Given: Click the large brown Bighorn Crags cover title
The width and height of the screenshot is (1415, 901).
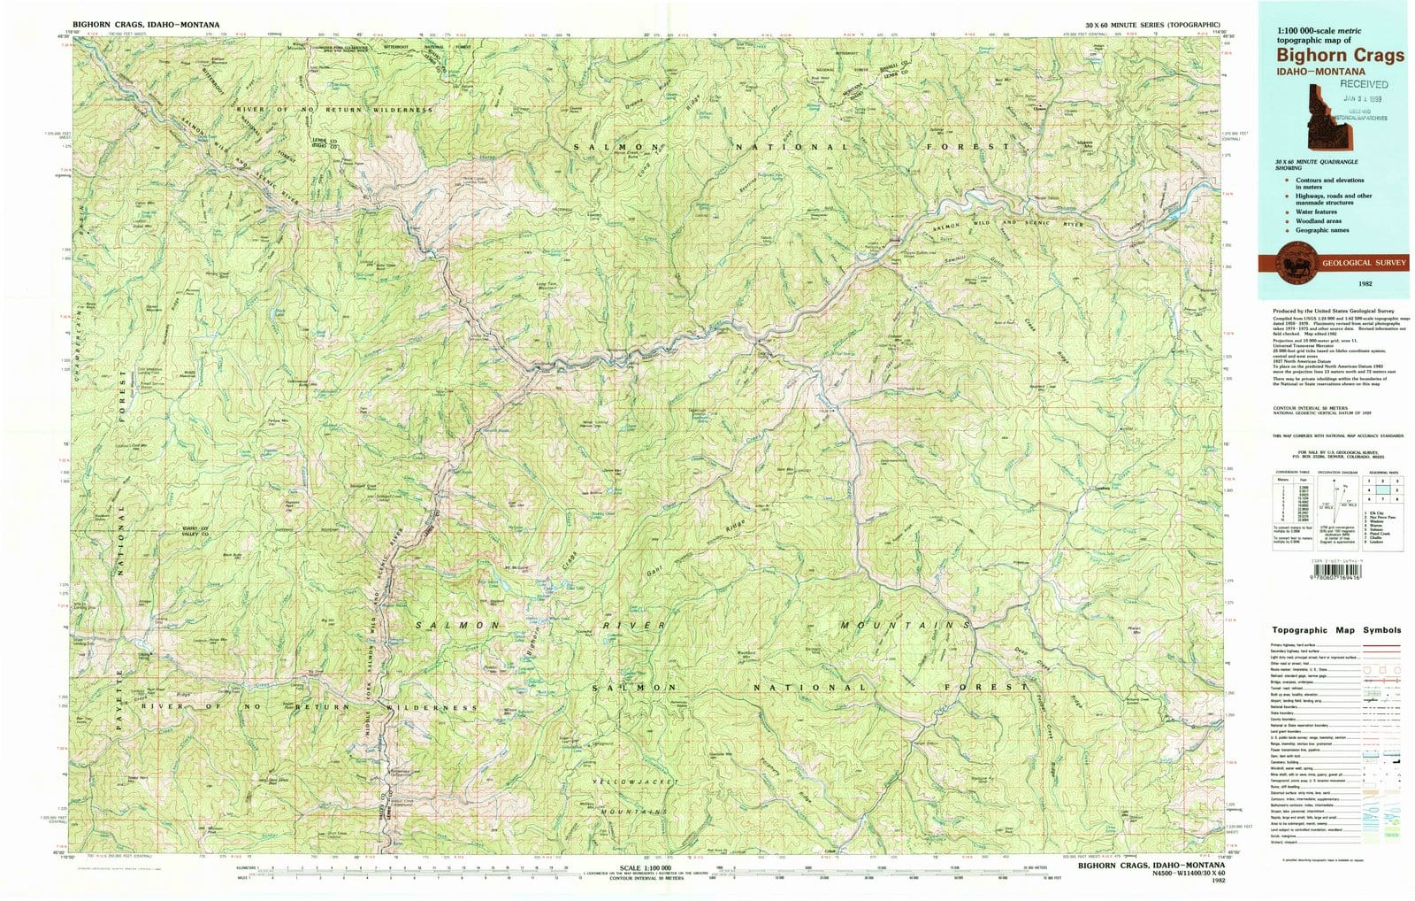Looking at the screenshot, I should [x=1339, y=55].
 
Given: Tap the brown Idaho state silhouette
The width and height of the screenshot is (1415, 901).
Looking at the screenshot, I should [x=1321, y=119].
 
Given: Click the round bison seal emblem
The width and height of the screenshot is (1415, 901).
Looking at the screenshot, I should [x=1297, y=263].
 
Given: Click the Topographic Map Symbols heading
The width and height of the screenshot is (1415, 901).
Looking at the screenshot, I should [x=1336, y=630].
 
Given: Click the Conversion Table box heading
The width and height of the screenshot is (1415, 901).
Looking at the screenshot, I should [x=1287, y=473].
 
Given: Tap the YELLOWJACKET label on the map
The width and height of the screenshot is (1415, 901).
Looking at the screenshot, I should [x=635, y=782].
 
